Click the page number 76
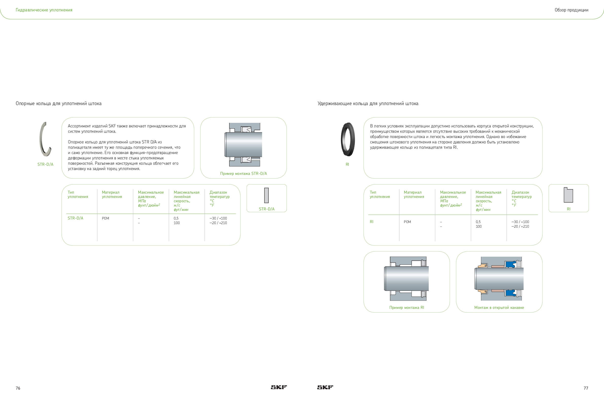click(18, 388)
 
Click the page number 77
click(586, 388)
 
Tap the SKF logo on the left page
click(279, 387)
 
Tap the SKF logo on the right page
click(325, 387)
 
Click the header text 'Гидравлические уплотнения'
click(44, 10)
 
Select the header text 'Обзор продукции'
click(572, 10)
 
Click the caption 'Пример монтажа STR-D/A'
click(244, 174)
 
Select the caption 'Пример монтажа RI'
click(407, 307)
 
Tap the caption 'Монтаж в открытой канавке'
click(499, 307)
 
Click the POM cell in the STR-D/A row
click(106, 218)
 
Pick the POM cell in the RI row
click(407, 222)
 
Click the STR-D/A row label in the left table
click(75, 218)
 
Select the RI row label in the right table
click(372, 222)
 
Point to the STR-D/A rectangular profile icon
click(267, 195)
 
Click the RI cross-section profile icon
click(568, 195)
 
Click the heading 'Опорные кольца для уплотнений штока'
click(58, 104)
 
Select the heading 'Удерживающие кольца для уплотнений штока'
click(368, 104)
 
